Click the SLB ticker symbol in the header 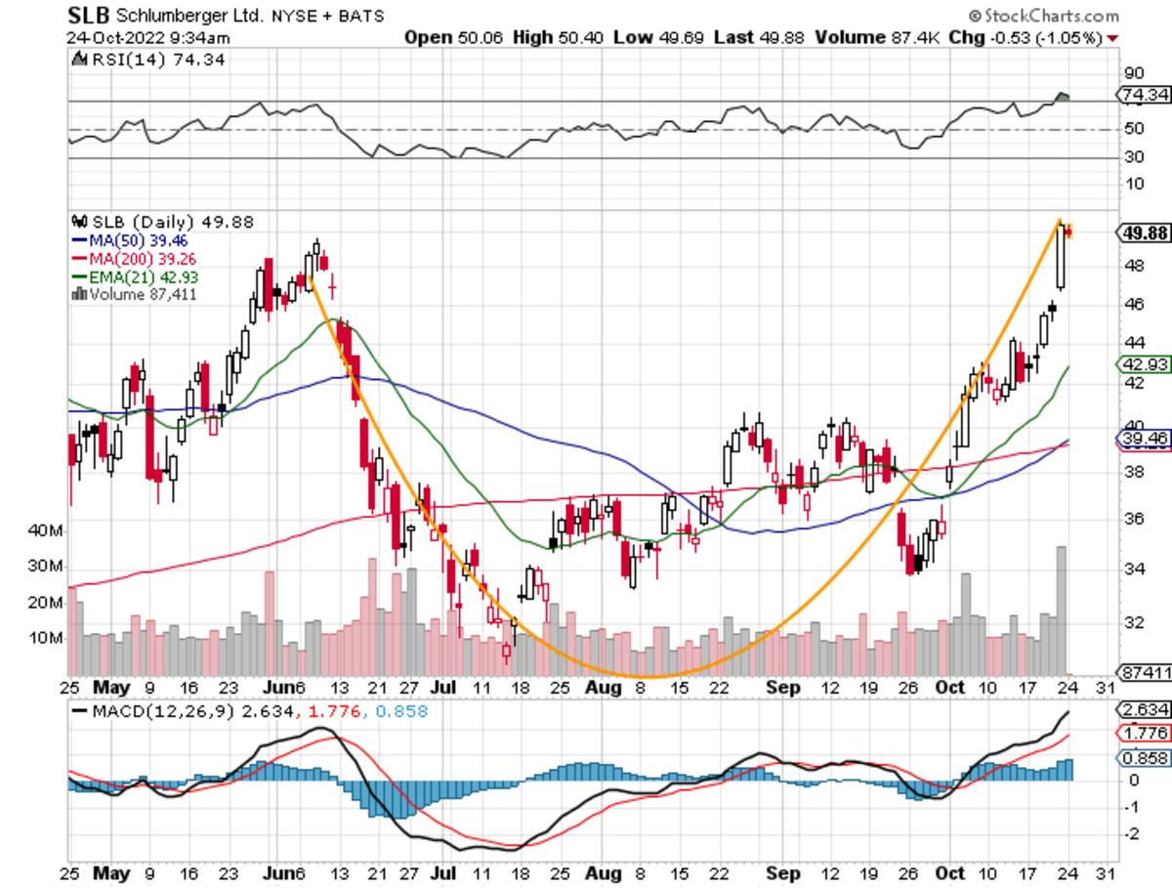coord(88,16)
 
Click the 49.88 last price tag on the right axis coord(1142,232)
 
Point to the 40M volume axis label coord(47,531)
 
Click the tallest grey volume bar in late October coord(1061,611)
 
